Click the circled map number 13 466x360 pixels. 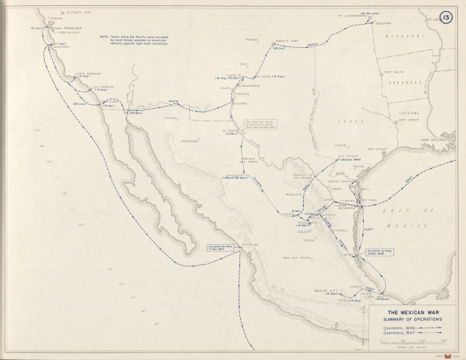tap(447, 16)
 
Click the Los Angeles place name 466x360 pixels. tap(105, 86)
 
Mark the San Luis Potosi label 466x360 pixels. tap(297, 258)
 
